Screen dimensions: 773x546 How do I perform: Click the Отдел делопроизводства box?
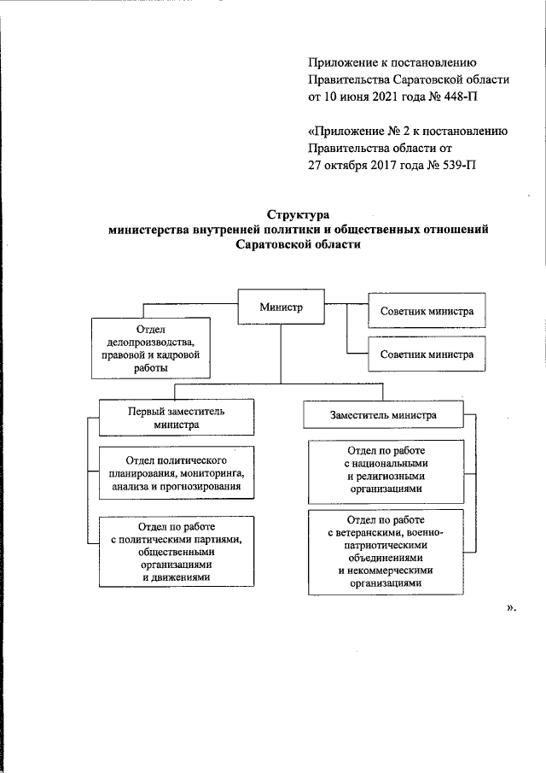coord(150,348)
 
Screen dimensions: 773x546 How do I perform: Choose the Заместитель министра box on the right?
coord(383,415)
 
